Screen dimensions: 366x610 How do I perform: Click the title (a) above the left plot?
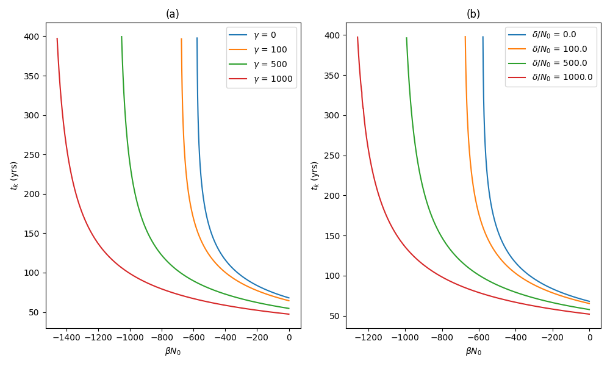pyautogui.click(x=173, y=14)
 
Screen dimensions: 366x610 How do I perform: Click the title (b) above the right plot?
pyautogui.click(x=473, y=14)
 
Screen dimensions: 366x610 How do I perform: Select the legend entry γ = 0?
pyautogui.click(x=265, y=35)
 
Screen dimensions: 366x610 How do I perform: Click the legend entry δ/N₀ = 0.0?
pyautogui.click(x=554, y=34)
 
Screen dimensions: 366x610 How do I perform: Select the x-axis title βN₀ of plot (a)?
pyautogui.click(x=173, y=351)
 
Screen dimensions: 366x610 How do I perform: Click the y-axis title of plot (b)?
pyautogui.click(x=315, y=176)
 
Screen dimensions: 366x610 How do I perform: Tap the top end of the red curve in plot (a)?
pyautogui.click(x=57, y=38)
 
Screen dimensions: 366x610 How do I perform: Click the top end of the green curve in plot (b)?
pyautogui.click(x=406, y=38)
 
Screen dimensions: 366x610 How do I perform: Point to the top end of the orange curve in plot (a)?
pyautogui.click(x=181, y=38)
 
